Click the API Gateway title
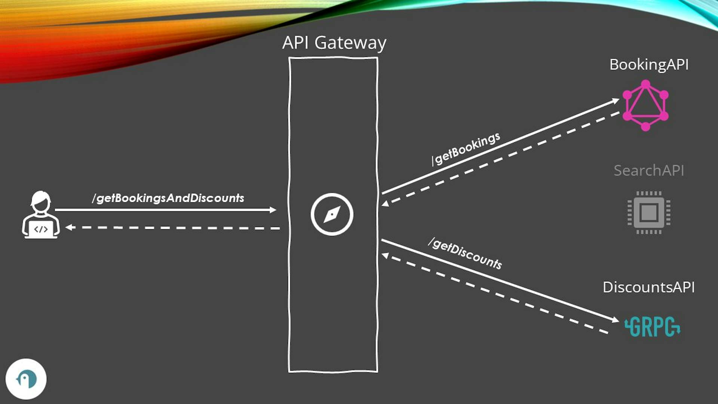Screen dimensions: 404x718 (x=334, y=43)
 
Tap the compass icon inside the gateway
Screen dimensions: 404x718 (x=332, y=214)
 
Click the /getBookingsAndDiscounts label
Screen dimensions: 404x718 (x=168, y=198)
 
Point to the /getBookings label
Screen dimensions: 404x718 (x=466, y=149)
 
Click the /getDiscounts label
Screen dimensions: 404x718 (x=465, y=253)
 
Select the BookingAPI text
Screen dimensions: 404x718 (x=649, y=65)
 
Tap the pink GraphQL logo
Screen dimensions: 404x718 (x=645, y=105)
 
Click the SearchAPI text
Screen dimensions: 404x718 (x=649, y=171)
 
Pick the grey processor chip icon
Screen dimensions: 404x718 (x=649, y=212)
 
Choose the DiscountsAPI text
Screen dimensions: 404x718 (x=649, y=287)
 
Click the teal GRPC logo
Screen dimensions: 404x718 (x=653, y=327)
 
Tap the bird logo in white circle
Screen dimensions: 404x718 (x=26, y=379)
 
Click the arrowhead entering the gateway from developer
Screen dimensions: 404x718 (x=273, y=210)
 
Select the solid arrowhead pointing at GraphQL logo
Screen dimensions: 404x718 (x=615, y=100)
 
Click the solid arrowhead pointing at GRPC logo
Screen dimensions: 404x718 (x=615, y=320)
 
